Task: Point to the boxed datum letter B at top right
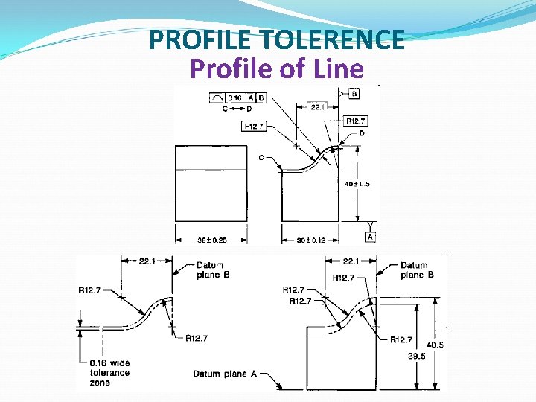click(354, 94)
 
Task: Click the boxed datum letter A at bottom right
click(370, 236)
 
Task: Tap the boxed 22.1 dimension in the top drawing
click(317, 107)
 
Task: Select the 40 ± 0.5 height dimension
click(357, 184)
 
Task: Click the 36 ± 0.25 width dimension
click(211, 240)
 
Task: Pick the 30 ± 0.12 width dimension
click(310, 240)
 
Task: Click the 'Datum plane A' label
click(225, 374)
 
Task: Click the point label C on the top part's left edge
click(261, 157)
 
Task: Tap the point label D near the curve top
click(362, 133)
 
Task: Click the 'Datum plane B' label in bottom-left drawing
click(209, 269)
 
